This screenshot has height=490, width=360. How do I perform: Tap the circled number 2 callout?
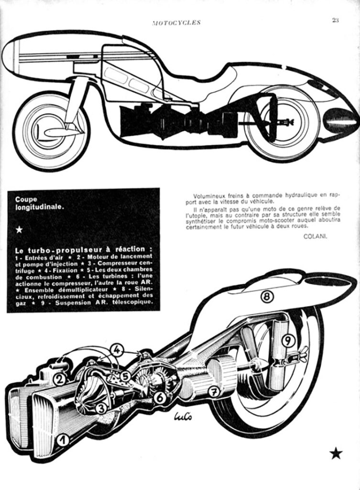point(60,379)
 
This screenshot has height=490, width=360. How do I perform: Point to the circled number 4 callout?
point(117,350)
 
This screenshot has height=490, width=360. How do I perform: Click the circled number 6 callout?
point(160,397)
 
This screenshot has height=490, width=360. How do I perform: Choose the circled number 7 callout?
point(214,391)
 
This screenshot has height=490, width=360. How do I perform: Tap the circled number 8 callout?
point(267,296)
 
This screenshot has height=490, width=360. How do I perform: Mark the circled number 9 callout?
point(288,341)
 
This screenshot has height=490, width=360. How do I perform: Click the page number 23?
point(335,20)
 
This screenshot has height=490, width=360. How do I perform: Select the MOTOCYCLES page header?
point(176,22)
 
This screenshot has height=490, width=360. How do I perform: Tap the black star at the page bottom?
point(336,453)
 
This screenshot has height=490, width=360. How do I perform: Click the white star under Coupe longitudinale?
point(19,230)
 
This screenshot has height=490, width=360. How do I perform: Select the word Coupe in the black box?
point(26,199)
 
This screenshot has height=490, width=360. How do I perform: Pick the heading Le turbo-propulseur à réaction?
point(84,250)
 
